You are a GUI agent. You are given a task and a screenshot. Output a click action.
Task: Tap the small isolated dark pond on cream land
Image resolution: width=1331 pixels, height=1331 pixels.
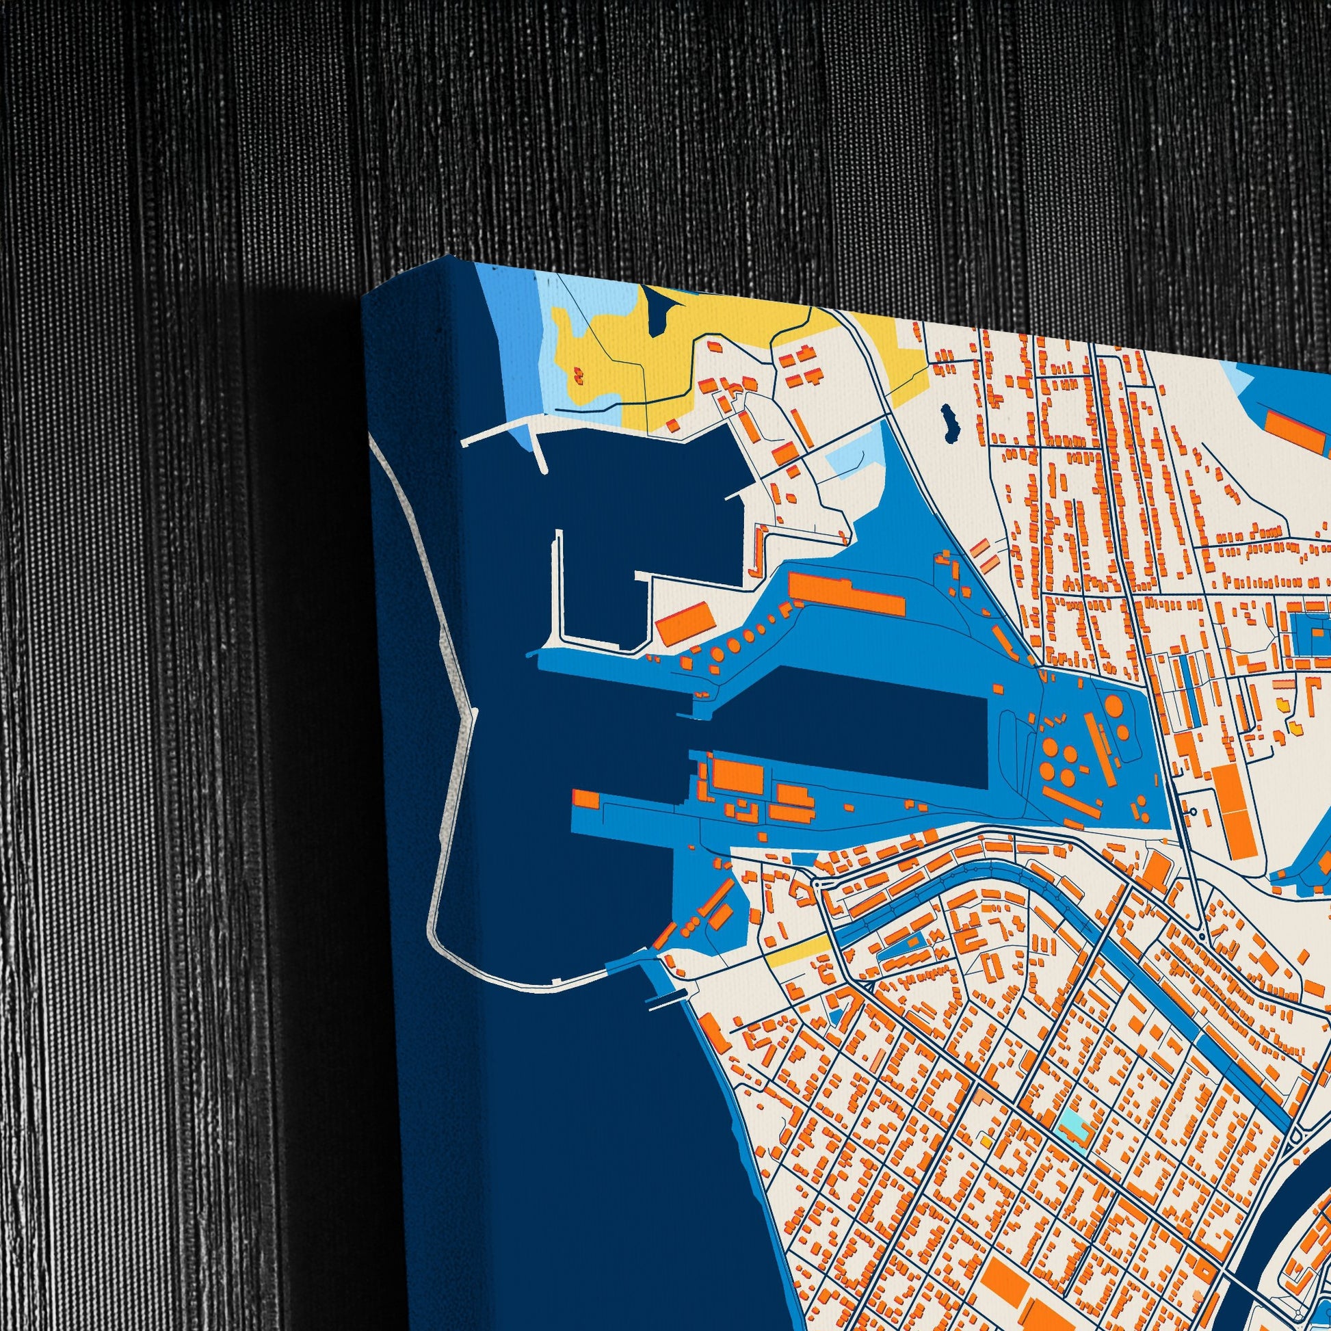point(952,423)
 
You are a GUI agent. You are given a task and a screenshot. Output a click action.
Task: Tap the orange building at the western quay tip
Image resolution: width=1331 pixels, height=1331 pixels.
point(586,799)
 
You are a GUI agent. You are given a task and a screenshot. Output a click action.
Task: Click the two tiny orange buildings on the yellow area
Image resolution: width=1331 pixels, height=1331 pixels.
point(577,375)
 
